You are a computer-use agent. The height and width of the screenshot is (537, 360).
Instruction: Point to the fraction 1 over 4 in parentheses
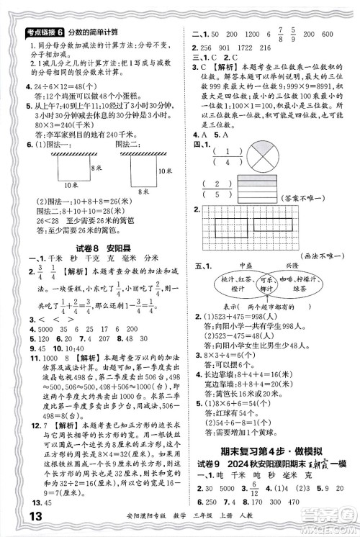tap(213, 158)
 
